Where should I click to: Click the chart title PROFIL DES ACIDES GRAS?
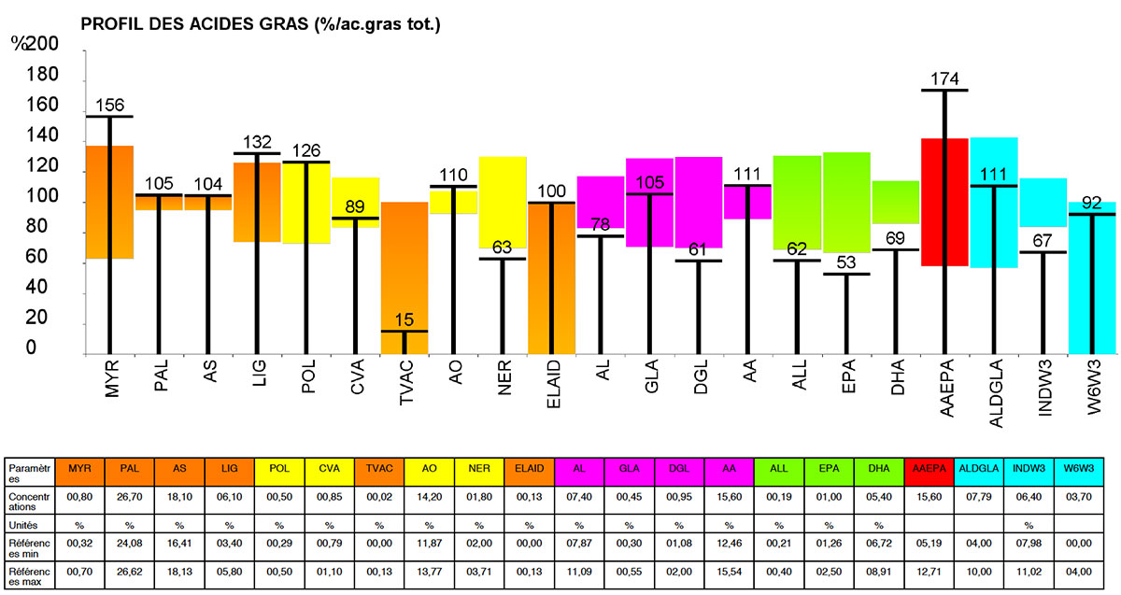[x=261, y=23]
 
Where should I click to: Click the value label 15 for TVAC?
[x=404, y=320]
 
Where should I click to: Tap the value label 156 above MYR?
[x=109, y=105]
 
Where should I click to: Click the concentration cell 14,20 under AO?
[x=430, y=496]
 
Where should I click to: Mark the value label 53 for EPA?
[x=846, y=263]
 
